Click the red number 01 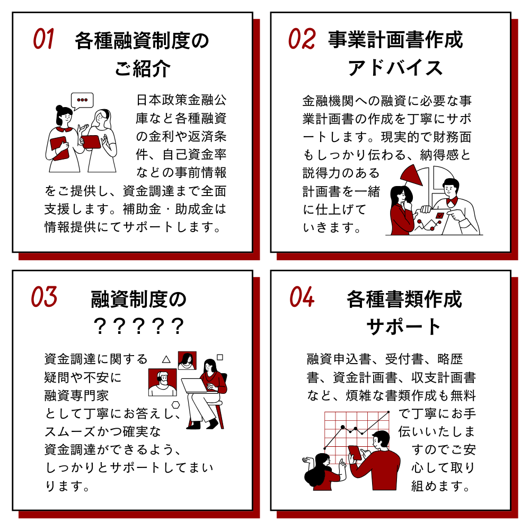click(x=43, y=39)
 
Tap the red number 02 click(x=302, y=39)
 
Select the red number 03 click(x=44, y=297)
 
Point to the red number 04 click(x=302, y=297)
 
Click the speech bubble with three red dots click(x=82, y=101)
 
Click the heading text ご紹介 click(x=143, y=68)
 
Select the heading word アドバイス click(x=395, y=68)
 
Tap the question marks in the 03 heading click(x=138, y=326)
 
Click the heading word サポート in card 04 click(x=404, y=326)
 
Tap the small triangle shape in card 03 click(x=166, y=359)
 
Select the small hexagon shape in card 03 click(x=176, y=404)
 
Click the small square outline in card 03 click(x=220, y=357)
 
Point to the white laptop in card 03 click(x=197, y=386)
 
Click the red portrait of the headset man click(x=163, y=382)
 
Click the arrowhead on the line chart click(x=387, y=413)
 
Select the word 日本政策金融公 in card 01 click(x=181, y=100)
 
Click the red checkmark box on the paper click(x=439, y=215)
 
